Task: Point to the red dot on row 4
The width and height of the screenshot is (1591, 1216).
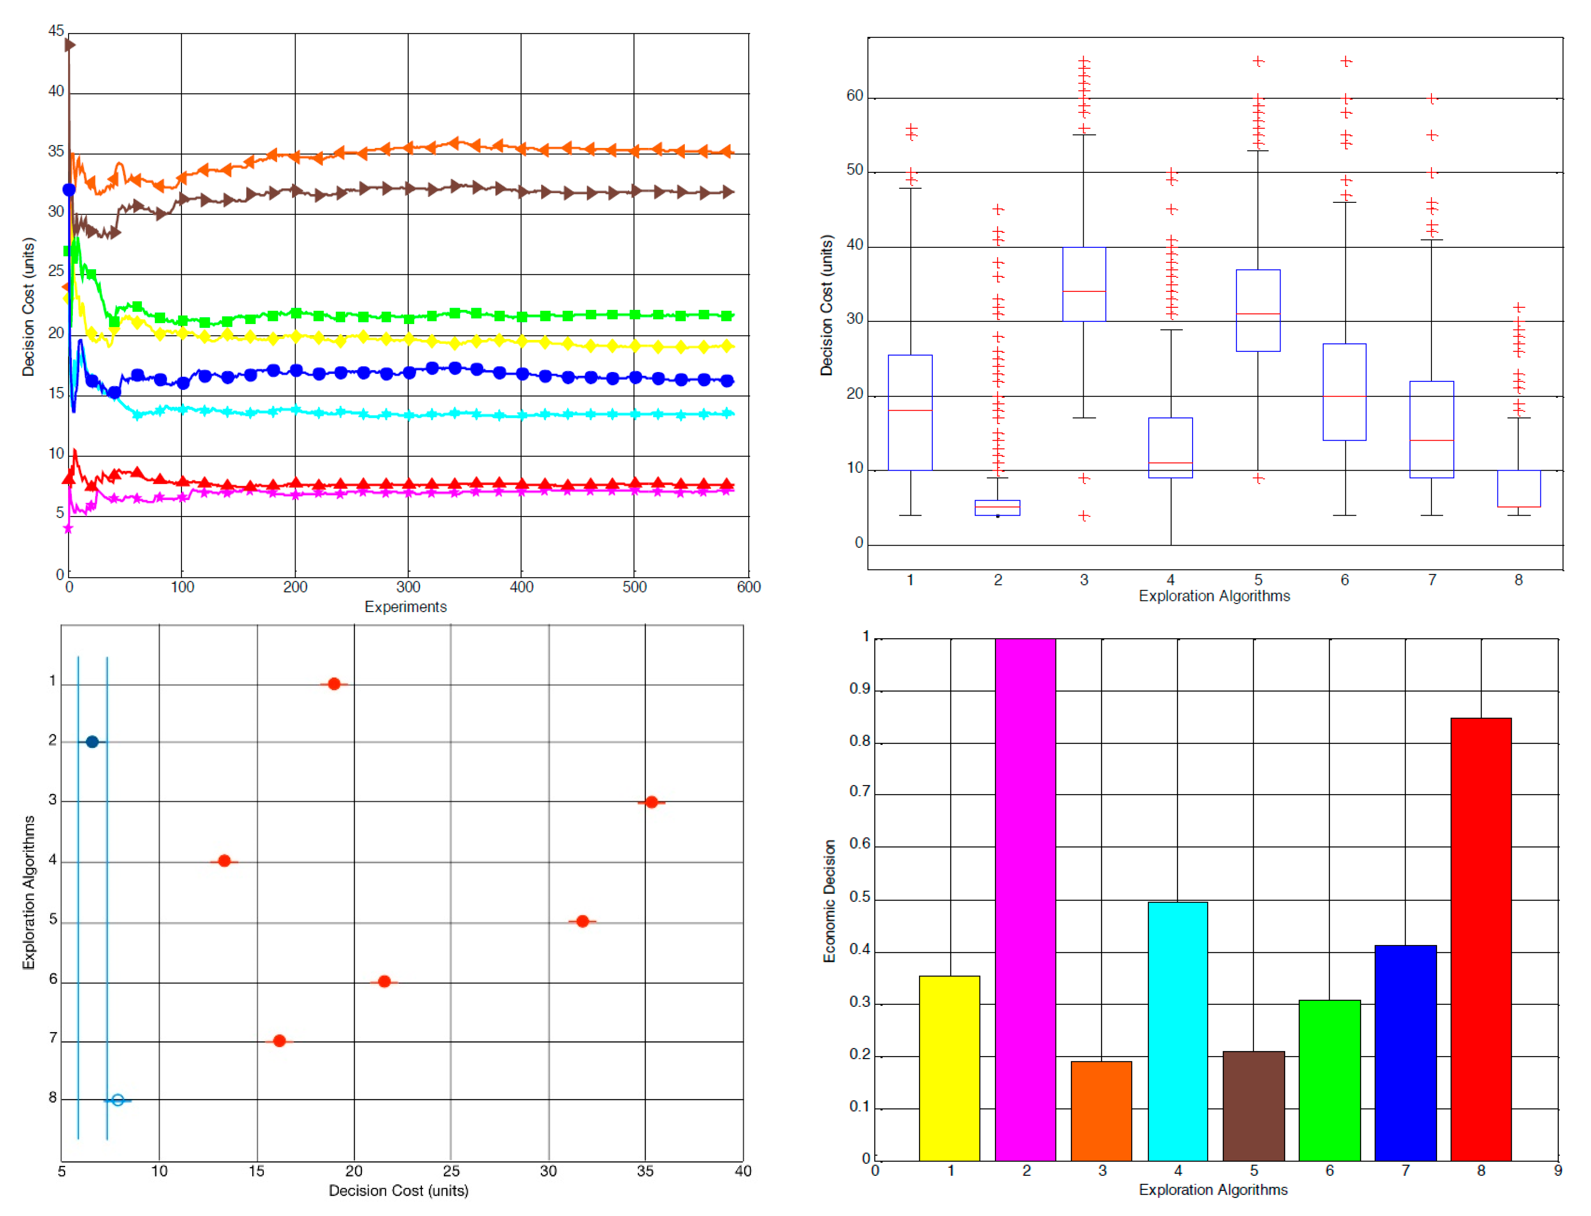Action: (x=224, y=861)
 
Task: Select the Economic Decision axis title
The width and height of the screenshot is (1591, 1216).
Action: (x=829, y=901)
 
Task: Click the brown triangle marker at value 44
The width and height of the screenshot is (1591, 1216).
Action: (x=69, y=45)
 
